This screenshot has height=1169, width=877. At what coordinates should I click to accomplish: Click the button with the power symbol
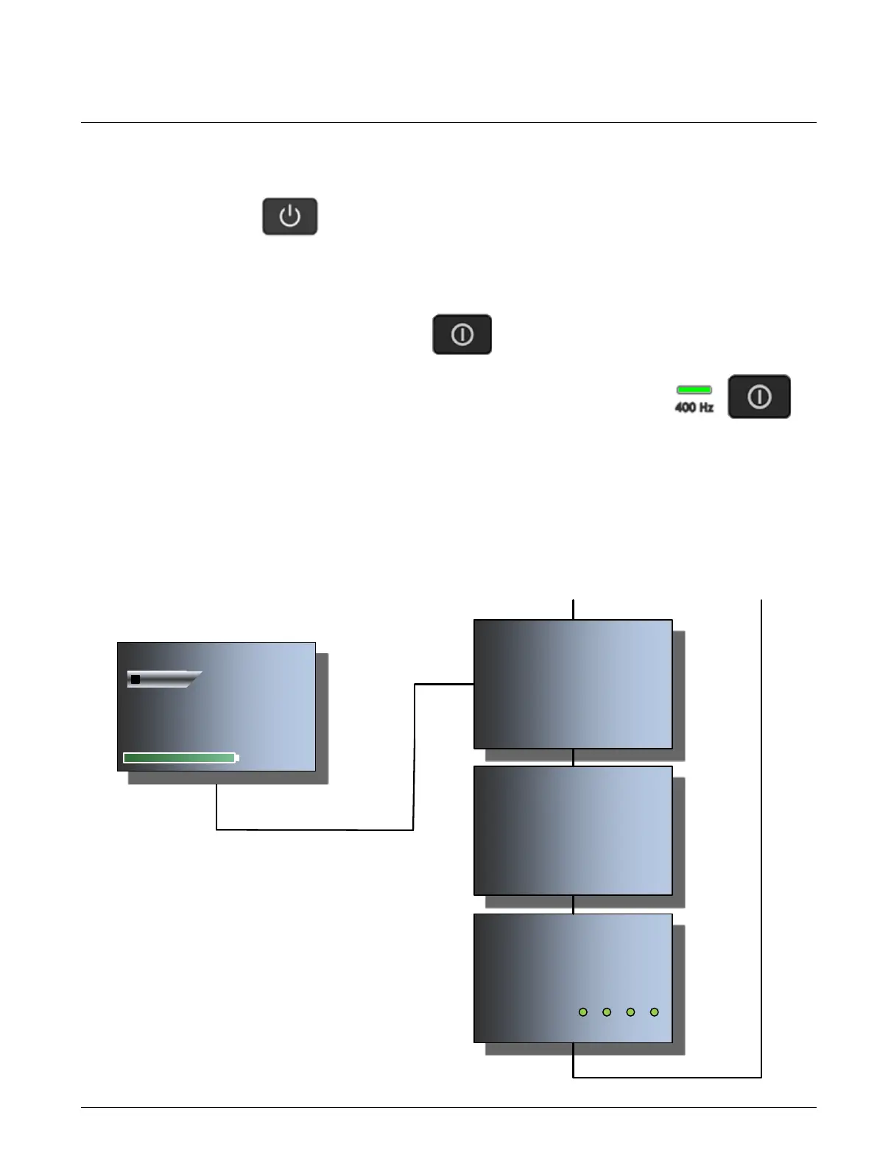pyautogui.click(x=289, y=216)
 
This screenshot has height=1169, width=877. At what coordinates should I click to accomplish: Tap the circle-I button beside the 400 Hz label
pyautogui.click(x=758, y=397)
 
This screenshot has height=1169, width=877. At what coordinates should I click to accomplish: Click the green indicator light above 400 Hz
pyautogui.click(x=694, y=389)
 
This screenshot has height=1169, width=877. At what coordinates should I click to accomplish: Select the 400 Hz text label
pyautogui.click(x=694, y=407)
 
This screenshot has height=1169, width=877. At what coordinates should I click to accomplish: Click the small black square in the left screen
pyautogui.click(x=135, y=679)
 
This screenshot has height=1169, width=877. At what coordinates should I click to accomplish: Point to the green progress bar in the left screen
pyautogui.click(x=179, y=757)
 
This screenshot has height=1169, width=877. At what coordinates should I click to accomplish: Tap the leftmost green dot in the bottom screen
pyautogui.click(x=583, y=1012)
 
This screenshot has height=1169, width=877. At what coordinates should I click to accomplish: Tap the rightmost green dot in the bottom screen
pyautogui.click(x=654, y=1012)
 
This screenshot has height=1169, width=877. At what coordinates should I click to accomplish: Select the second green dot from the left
pyautogui.click(x=607, y=1012)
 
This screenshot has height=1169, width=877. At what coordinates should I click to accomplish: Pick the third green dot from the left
pyautogui.click(x=630, y=1012)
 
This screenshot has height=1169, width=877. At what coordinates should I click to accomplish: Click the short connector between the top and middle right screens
pyautogui.click(x=573, y=757)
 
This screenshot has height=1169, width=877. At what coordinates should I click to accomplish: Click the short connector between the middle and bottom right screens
pyautogui.click(x=573, y=905)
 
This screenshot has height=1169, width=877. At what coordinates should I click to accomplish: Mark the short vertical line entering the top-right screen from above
pyautogui.click(x=573, y=610)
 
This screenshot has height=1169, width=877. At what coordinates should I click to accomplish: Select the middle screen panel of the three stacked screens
pyautogui.click(x=573, y=830)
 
